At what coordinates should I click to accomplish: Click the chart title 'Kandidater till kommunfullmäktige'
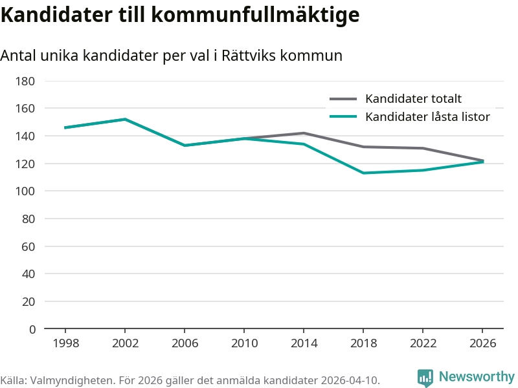[x=179, y=14]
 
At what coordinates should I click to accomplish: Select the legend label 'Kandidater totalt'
[x=413, y=99]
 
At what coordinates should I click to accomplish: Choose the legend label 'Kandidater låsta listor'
[x=427, y=117]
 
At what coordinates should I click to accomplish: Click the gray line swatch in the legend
[x=343, y=99]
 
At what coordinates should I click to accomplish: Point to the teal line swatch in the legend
[x=343, y=117]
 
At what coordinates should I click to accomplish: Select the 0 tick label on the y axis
[x=32, y=329]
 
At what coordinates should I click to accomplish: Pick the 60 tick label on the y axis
[x=28, y=246]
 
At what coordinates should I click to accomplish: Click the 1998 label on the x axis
[x=65, y=343]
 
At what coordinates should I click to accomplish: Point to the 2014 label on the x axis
[x=304, y=343]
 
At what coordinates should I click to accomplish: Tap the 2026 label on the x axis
[x=482, y=343]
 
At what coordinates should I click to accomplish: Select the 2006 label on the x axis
[x=185, y=343]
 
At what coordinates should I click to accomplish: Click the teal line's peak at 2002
[x=125, y=119]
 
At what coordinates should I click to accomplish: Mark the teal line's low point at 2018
[x=363, y=173]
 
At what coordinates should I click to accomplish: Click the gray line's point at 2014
[x=304, y=133]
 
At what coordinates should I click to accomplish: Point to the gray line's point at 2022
[x=423, y=148]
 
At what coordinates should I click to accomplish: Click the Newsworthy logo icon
[x=425, y=378]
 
